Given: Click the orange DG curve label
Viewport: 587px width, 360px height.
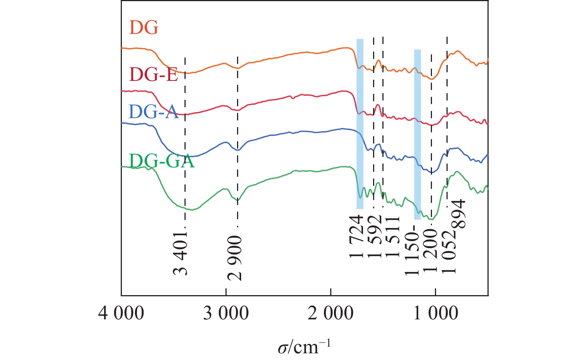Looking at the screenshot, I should [x=144, y=28].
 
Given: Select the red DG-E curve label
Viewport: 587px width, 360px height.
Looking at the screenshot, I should [x=153, y=75].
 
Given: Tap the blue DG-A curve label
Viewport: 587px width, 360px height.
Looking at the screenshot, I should [x=154, y=111].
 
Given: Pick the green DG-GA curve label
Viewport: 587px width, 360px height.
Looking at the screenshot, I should [x=162, y=161].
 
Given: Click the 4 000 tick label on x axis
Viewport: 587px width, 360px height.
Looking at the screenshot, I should [x=121, y=313].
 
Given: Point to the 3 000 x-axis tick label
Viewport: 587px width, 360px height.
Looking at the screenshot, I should [x=226, y=313].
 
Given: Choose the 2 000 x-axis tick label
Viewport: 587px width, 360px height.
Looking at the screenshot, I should [x=331, y=313].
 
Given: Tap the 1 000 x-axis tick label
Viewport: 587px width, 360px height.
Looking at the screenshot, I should [x=436, y=313].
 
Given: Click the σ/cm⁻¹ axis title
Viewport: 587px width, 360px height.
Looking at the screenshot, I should [x=304, y=347].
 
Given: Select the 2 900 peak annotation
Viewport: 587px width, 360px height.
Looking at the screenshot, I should [x=235, y=258].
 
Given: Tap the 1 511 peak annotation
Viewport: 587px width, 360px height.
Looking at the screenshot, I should [x=392, y=237].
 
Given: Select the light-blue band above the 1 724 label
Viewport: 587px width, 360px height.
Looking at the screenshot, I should [x=360, y=123].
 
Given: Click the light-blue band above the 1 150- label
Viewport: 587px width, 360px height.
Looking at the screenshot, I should [x=417, y=134].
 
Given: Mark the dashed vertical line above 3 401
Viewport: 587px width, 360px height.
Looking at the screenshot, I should [x=185, y=142].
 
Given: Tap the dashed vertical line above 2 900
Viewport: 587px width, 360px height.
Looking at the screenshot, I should [x=237, y=142].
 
